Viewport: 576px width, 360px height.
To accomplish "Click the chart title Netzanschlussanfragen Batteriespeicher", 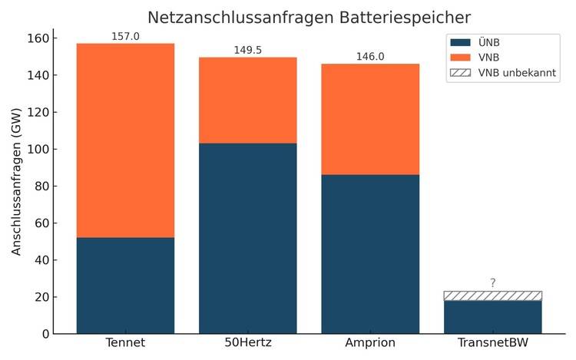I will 309,17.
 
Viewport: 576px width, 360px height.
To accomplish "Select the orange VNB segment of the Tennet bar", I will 125,140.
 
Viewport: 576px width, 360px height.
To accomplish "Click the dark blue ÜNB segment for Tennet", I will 125,286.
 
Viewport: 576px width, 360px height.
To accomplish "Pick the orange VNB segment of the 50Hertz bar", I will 247,101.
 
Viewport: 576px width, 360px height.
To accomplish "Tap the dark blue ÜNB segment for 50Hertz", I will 247,238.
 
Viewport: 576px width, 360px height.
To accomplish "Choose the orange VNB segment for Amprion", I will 370,119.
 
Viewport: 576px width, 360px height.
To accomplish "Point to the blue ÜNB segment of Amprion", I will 370,254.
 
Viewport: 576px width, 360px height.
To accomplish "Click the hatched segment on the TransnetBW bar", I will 492,296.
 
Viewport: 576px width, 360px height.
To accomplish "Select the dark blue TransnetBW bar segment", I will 492,317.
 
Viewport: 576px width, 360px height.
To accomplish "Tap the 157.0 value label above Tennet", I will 125,36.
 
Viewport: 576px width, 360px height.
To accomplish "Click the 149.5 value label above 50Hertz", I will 247,50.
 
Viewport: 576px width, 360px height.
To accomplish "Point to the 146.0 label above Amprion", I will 370,57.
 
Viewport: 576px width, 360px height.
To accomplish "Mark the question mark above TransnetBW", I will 492,283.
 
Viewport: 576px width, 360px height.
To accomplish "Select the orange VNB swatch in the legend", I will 461,58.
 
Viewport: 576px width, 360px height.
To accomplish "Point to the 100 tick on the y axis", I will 38,149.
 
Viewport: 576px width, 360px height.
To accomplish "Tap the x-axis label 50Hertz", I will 247,342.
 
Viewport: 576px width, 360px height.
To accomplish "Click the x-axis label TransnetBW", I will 492,342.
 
